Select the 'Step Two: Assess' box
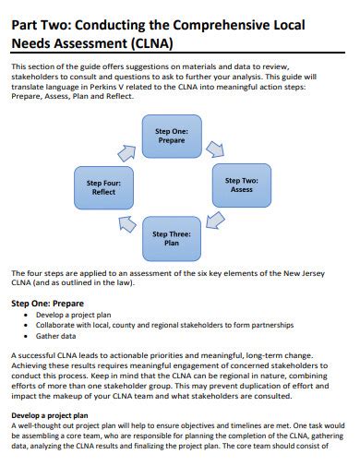tap(241, 185)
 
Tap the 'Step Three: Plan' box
tap(171, 238)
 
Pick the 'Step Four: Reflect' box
tap(103, 188)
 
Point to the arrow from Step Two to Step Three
tap(215, 221)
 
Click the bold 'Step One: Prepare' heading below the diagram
tap(47, 302)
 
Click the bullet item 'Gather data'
tap(57, 336)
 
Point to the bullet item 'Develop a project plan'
tap(72, 315)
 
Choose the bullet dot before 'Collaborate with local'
tap(27, 326)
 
